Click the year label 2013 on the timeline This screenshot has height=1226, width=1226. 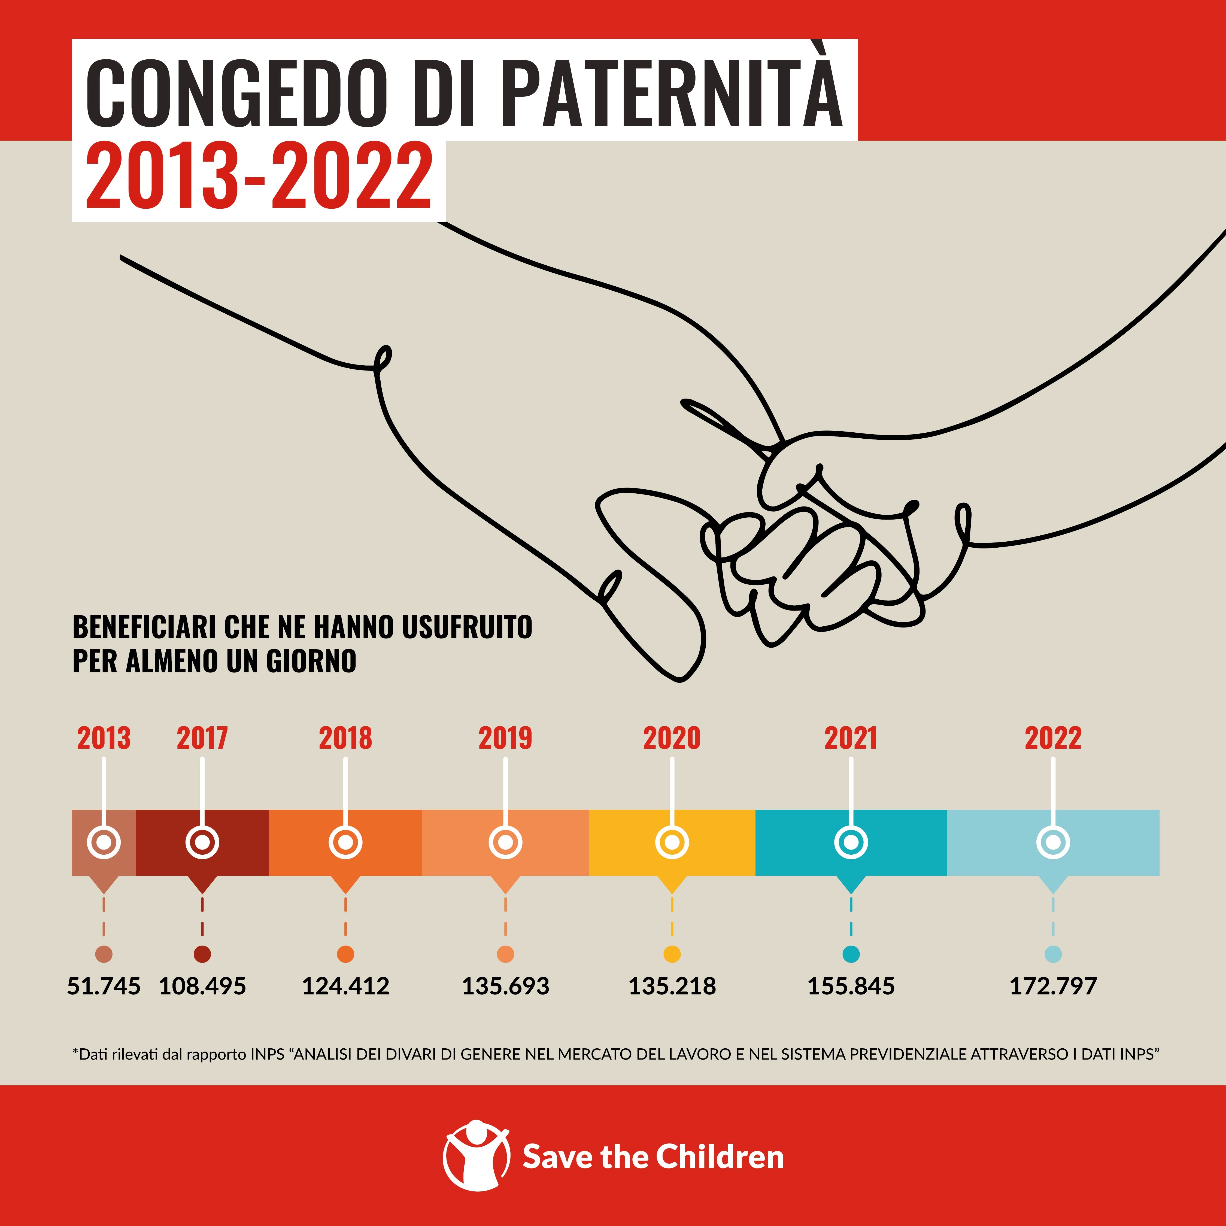click(x=104, y=738)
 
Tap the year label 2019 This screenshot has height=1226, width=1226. click(x=505, y=738)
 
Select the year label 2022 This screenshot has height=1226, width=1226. click(x=1053, y=738)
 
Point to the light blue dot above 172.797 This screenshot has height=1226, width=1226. click(x=1053, y=954)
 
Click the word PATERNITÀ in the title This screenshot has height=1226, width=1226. click(x=675, y=92)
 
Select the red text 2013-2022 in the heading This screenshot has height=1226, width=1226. click(x=259, y=177)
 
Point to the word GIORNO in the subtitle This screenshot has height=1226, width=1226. click(x=311, y=661)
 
